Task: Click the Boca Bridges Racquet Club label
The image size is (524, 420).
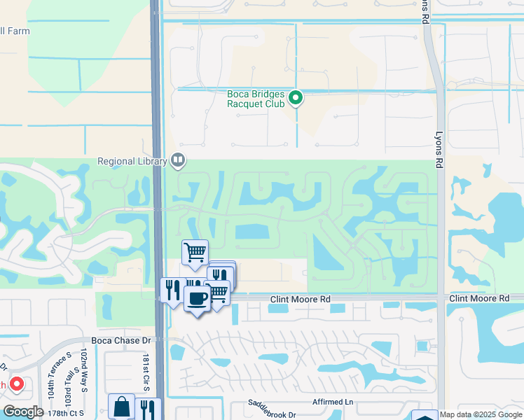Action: [256, 98]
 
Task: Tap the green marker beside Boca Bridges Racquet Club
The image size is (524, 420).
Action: [296, 98]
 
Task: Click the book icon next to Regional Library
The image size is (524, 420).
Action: [179, 161]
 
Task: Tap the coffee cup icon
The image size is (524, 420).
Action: [197, 299]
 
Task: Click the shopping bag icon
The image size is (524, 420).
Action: [122, 407]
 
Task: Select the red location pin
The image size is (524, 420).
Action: [16, 384]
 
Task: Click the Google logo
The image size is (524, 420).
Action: [23, 412]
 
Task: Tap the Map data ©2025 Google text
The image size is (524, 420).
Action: [480, 414]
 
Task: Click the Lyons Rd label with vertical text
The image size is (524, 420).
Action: [440, 140]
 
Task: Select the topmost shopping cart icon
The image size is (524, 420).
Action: [195, 251]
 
